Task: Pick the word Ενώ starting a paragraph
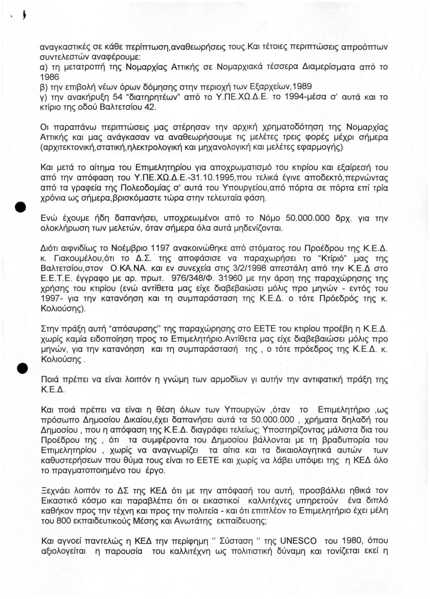pos(51,218)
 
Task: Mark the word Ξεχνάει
pos(58,491)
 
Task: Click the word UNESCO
pos(298,541)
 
